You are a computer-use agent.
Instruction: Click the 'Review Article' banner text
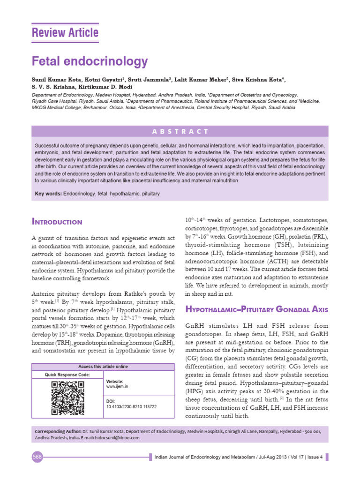pos(65,33)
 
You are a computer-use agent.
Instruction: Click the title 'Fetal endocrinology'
pos(89,61)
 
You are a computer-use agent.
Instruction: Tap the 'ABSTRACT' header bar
pos(180,131)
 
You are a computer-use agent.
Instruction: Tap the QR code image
pos(67,398)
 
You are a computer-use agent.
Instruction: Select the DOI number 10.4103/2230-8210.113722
pos(132,407)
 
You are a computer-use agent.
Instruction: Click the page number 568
pos(37,457)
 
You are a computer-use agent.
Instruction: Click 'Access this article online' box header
pos(103,367)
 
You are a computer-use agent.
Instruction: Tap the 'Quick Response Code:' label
pos(67,375)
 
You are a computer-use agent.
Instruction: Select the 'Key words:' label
pos(48,194)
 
